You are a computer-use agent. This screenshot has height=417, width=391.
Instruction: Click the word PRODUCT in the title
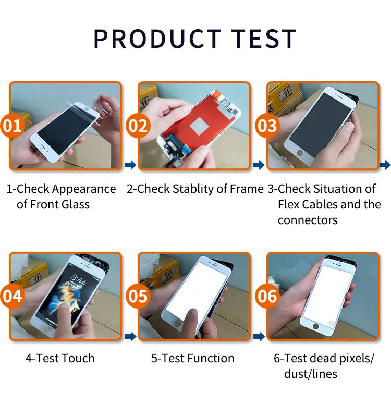tap(157, 39)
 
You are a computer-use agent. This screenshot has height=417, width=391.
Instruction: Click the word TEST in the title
tap(263, 39)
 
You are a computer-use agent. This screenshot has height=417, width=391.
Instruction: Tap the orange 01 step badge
tap(12, 126)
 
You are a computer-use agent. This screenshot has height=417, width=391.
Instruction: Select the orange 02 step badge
tap(138, 126)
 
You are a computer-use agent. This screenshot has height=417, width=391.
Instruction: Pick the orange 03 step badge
tap(267, 126)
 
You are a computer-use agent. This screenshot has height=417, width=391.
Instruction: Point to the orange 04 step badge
tap(12, 296)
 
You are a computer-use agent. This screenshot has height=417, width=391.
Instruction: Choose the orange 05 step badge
tap(138, 296)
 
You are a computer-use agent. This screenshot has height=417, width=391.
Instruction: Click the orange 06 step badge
tap(267, 296)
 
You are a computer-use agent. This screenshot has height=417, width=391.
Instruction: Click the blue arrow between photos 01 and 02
tap(130, 165)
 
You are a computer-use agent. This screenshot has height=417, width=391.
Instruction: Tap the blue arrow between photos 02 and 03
tap(259, 165)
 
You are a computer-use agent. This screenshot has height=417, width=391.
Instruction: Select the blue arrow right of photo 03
tap(385, 165)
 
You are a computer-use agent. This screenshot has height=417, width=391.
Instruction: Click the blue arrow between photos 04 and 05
tap(130, 336)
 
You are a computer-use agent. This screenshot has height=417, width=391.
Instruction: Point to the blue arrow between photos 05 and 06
tap(259, 336)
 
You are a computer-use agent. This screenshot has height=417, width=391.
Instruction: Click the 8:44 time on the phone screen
tap(78, 279)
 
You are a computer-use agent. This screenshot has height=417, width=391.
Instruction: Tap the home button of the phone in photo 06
tap(316, 326)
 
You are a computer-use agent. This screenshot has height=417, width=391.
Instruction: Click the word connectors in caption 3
tap(308, 220)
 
